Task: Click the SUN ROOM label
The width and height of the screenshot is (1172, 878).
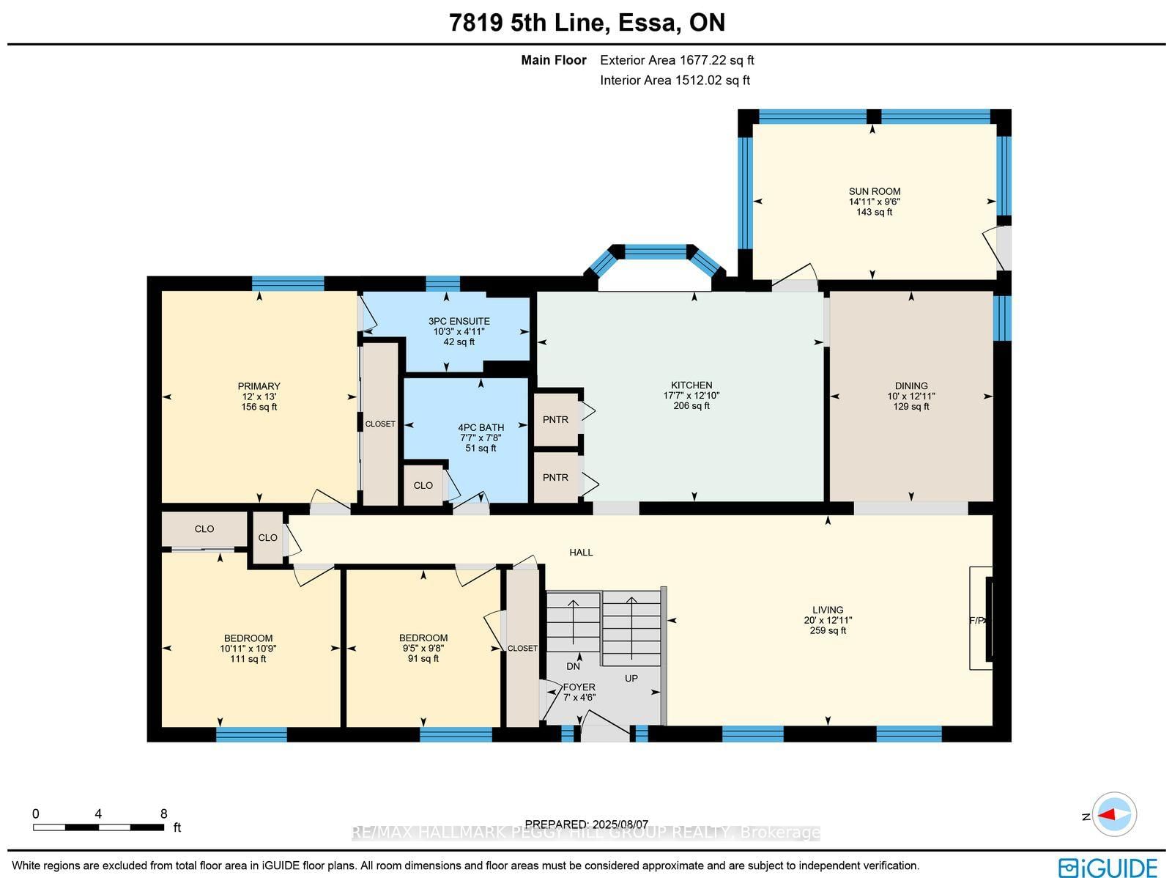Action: [875, 191]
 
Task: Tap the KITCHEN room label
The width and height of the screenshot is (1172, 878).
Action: [691, 385]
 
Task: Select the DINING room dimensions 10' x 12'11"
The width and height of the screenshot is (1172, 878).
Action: [910, 396]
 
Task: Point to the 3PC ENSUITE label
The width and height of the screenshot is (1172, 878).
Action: [459, 321]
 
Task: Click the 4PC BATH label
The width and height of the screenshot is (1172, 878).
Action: [481, 427]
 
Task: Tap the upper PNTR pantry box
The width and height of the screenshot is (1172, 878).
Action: [556, 419]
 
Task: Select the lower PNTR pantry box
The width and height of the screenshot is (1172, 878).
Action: [556, 477]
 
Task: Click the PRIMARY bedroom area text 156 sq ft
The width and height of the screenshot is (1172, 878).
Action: [259, 407]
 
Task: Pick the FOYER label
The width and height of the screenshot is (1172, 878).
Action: [579, 687]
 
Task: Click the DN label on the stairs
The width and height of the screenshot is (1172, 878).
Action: [573, 666]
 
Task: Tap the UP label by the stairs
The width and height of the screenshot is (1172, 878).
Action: [631, 678]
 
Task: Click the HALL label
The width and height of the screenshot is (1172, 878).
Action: [581, 552]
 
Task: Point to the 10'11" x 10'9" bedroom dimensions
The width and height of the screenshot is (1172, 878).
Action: [248, 648]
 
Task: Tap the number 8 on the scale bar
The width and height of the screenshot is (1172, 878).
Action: [164, 814]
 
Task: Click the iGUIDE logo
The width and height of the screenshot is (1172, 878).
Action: [1108, 867]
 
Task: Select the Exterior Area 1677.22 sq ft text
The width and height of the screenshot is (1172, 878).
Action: [677, 60]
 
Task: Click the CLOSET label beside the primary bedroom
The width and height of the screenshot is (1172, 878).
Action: [380, 424]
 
